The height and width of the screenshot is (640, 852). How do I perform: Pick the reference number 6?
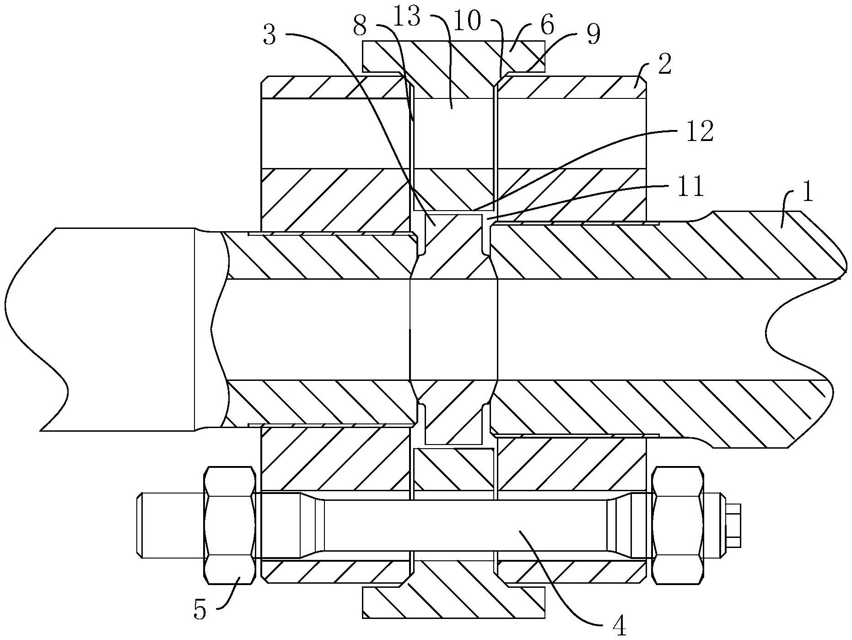point(546,26)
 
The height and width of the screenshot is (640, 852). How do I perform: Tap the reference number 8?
point(360,27)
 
